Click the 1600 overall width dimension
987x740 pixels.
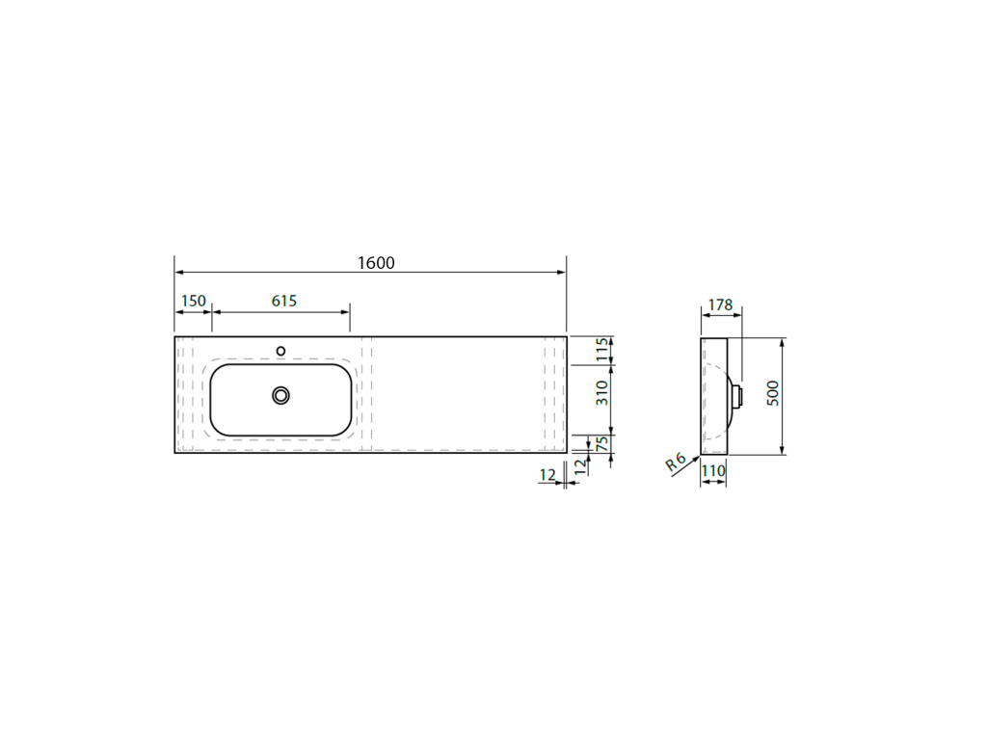click(x=376, y=263)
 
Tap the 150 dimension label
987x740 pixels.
click(x=193, y=301)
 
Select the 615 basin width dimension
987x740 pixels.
click(x=284, y=301)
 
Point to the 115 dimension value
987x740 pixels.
click(x=602, y=350)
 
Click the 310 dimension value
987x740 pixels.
click(x=602, y=393)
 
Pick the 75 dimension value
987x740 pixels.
click(x=602, y=443)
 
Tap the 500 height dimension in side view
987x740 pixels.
click(x=773, y=393)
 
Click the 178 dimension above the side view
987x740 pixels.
click(x=720, y=305)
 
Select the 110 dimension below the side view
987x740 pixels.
click(x=713, y=470)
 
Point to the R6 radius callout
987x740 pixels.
click(x=676, y=462)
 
